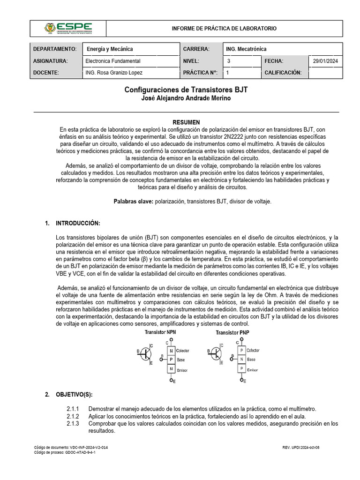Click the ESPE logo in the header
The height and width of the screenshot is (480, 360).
[x=68, y=29]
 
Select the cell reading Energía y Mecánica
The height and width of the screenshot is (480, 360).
[x=110, y=49]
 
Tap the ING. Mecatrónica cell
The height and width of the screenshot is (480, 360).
[x=246, y=49]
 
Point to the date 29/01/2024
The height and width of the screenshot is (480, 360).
[x=326, y=61]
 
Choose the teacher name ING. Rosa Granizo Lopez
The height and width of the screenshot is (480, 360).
[x=114, y=73]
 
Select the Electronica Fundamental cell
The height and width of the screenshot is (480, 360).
[x=113, y=61]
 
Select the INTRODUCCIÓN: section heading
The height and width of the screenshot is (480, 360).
[x=78, y=223]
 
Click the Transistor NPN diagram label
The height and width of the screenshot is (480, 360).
[x=160, y=332]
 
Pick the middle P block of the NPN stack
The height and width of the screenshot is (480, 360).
[x=171, y=360]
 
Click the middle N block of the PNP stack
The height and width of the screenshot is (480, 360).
[x=241, y=360]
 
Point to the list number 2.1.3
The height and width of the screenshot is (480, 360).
[x=73, y=423]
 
